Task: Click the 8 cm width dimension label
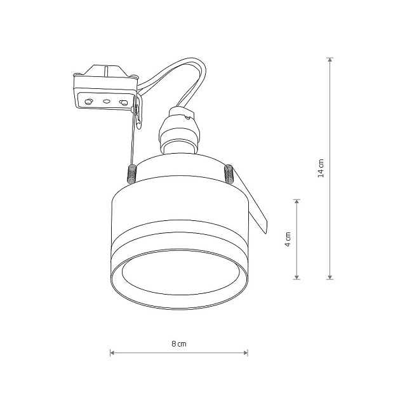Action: (179, 344)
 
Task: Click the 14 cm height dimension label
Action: (321, 168)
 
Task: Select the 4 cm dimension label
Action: (288, 239)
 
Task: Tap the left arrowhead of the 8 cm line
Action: (112, 353)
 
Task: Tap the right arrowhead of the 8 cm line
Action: (246, 353)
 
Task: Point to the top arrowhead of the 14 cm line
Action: (330, 60)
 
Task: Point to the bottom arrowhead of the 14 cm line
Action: (330, 277)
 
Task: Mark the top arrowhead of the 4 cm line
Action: (297, 202)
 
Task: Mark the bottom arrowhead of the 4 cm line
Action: (297, 277)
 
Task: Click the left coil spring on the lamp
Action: (132, 174)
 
